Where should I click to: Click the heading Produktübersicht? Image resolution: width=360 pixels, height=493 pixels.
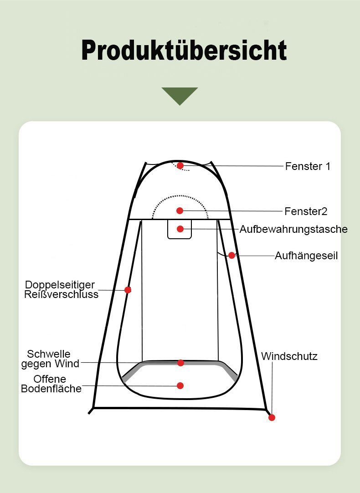tap(184, 50)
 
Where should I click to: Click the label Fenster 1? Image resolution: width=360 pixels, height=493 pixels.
tap(308, 166)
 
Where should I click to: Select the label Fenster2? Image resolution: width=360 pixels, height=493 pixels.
tap(306, 211)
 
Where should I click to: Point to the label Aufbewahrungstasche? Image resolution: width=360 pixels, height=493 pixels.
tap(293, 229)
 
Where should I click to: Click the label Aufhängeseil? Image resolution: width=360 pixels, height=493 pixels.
tap(306, 256)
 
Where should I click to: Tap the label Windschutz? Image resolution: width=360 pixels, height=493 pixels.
tap(289, 356)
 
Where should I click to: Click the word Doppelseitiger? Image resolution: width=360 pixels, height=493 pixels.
tap(60, 285)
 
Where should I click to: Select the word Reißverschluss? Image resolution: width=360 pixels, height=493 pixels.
tap(62, 295)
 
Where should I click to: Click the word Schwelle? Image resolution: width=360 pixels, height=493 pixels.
tap(49, 354)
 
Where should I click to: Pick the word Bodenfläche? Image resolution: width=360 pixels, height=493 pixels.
tap(51, 389)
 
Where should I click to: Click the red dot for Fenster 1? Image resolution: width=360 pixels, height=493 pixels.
tap(180, 165)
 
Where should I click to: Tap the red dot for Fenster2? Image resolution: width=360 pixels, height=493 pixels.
tap(180, 211)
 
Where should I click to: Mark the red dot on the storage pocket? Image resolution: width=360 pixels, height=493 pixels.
tap(180, 229)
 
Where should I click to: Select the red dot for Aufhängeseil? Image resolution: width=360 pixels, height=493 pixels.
tap(231, 255)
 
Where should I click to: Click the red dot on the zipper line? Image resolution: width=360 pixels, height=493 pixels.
tap(128, 290)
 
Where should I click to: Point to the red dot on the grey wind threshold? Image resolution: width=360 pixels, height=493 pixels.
tap(180, 363)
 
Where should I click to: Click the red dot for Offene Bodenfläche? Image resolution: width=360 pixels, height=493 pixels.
tap(180, 385)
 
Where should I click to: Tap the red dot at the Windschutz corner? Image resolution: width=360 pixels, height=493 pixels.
tap(272, 417)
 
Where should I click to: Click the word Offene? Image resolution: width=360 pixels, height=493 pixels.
tap(50, 379)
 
